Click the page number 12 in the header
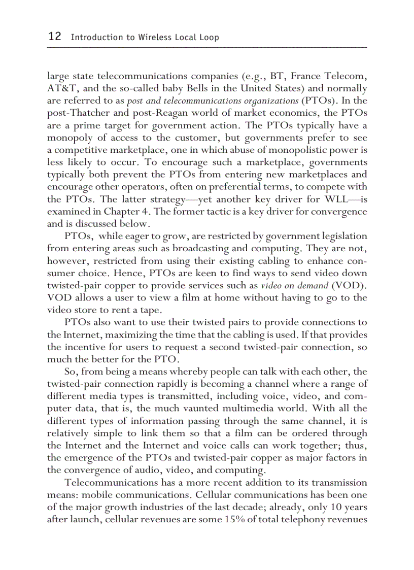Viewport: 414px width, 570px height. point(54,37)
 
